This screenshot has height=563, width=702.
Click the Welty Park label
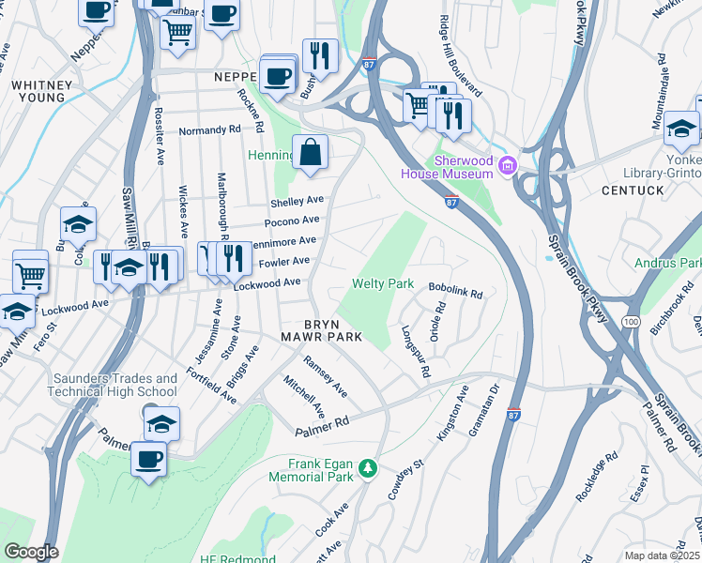click(382, 283)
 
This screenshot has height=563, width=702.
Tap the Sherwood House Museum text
click(447, 166)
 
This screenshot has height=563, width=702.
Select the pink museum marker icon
click(509, 167)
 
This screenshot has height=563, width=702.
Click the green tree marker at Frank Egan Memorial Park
click(370, 467)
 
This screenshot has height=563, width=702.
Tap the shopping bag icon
click(310, 151)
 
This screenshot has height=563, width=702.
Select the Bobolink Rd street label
click(455, 293)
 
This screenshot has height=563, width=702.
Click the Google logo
click(31, 552)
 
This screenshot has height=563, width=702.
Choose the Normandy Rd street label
click(209, 130)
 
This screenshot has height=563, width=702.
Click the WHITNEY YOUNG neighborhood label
click(41, 91)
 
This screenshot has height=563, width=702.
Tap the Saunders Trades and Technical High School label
click(114, 385)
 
